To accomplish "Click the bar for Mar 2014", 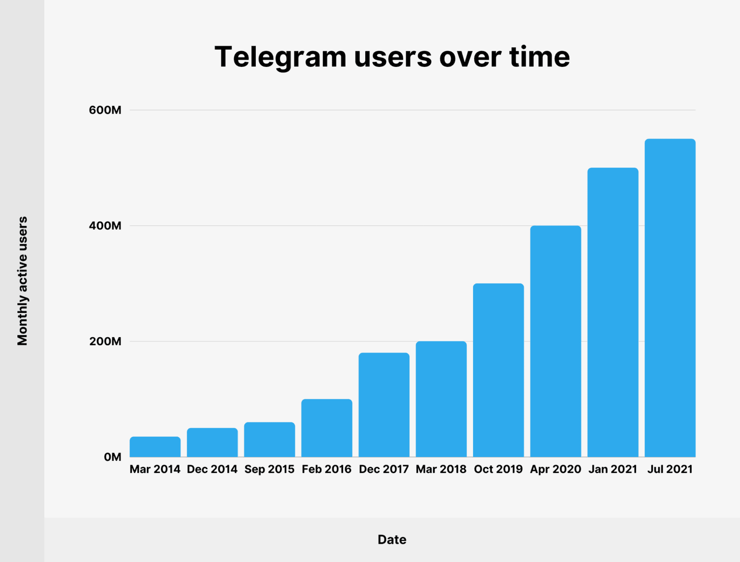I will click(x=155, y=447).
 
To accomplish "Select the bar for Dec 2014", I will click(x=212, y=443).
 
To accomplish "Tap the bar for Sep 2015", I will click(x=269, y=440).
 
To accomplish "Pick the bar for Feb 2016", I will click(x=327, y=428).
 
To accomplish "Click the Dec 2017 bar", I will click(x=384, y=405).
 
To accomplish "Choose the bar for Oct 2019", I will click(x=498, y=370).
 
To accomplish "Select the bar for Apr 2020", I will click(x=555, y=341).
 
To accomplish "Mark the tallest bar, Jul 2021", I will click(x=670, y=298).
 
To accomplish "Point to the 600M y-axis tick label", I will click(x=105, y=110).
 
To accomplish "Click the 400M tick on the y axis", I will click(x=105, y=226).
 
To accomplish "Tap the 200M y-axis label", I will click(x=105, y=341).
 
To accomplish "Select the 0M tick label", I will click(x=112, y=457).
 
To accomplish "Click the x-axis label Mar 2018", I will click(x=441, y=469).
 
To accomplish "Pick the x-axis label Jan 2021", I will click(x=613, y=469).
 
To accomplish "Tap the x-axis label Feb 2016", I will click(x=327, y=469).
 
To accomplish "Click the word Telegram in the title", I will click(x=280, y=57).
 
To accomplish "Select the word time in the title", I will click(x=540, y=57).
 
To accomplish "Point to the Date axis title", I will click(x=392, y=539).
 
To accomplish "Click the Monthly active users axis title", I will click(x=22, y=281).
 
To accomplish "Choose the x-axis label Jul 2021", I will click(x=670, y=469).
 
